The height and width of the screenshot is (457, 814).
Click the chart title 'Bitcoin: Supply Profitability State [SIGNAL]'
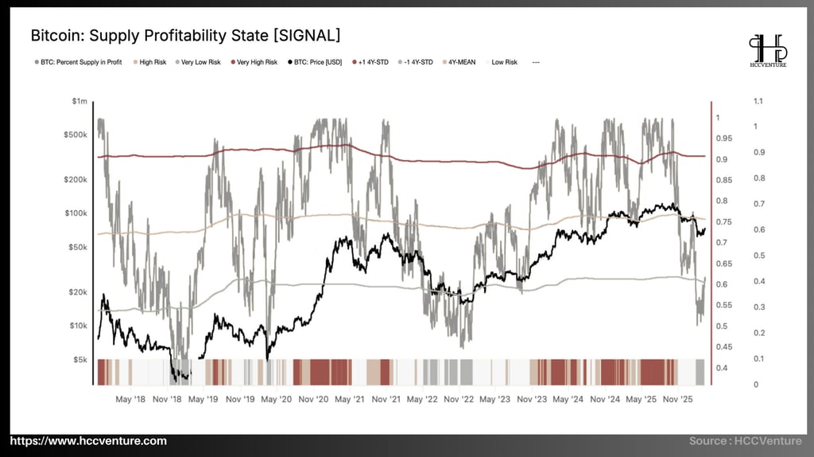185,36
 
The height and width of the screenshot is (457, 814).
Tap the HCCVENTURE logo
767,51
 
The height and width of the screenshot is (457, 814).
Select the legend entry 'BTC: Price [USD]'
317,61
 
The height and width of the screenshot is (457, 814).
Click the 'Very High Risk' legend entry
254,61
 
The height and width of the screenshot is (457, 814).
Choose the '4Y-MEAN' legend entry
459,61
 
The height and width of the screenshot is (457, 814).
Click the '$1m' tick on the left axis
79,101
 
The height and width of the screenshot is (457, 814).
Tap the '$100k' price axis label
76,213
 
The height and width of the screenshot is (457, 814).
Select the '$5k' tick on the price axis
79,359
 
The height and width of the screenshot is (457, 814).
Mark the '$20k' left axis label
77,292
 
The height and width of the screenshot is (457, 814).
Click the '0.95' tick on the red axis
724,139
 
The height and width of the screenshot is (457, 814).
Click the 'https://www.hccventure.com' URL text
88,441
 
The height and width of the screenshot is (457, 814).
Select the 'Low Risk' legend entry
504,61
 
